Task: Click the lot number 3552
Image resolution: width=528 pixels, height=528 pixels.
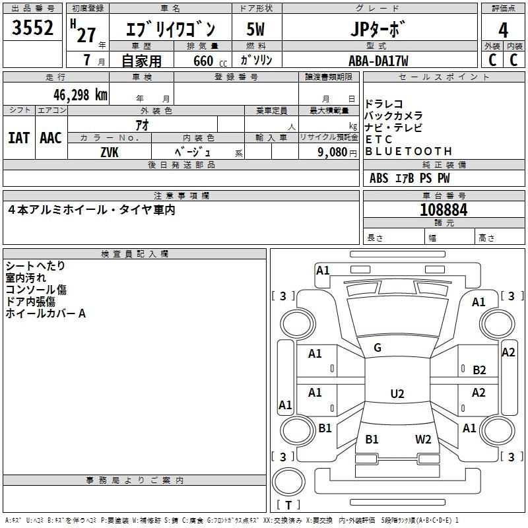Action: (32, 28)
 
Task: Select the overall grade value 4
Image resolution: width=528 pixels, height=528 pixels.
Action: (503, 30)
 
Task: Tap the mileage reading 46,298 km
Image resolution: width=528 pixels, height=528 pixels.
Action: (80, 95)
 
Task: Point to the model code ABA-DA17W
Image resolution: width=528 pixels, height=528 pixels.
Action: (378, 61)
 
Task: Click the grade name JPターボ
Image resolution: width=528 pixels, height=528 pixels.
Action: (377, 29)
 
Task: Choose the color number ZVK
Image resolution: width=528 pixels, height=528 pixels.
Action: (110, 152)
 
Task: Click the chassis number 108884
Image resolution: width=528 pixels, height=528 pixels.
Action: (444, 210)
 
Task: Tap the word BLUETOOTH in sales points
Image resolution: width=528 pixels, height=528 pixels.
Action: (409, 152)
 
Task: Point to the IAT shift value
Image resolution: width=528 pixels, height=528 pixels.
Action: (18, 138)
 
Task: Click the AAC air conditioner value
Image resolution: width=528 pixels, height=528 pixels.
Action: (51, 138)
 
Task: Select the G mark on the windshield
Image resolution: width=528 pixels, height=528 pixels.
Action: (378, 348)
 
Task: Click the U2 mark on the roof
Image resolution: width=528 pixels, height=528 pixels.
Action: (397, 393)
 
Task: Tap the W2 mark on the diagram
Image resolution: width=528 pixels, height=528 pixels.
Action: (423, 439)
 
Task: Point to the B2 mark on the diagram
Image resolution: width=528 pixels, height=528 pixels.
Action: (479, 370)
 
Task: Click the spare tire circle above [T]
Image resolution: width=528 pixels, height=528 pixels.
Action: (288, 482)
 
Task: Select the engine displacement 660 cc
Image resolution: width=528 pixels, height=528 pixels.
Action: (210, 61)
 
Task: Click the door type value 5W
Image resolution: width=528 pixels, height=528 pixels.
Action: (255, 29)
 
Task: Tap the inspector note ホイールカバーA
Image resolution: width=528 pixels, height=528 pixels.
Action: (46, 313)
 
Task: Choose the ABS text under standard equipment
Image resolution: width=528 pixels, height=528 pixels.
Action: (379, 178)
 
